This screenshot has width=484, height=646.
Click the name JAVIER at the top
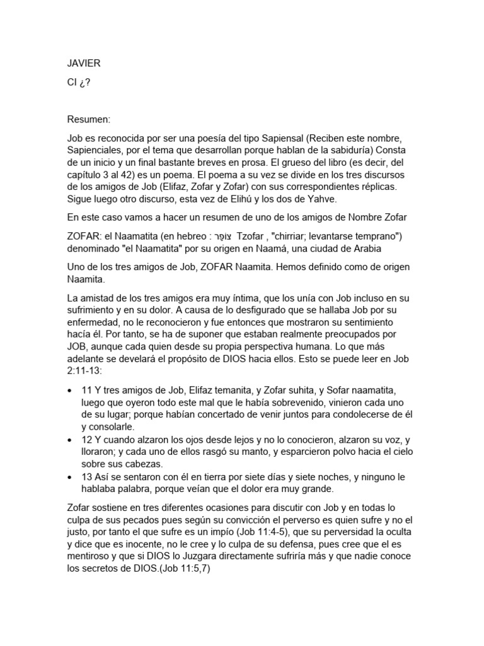83,63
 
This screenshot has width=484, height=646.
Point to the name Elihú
284,199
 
